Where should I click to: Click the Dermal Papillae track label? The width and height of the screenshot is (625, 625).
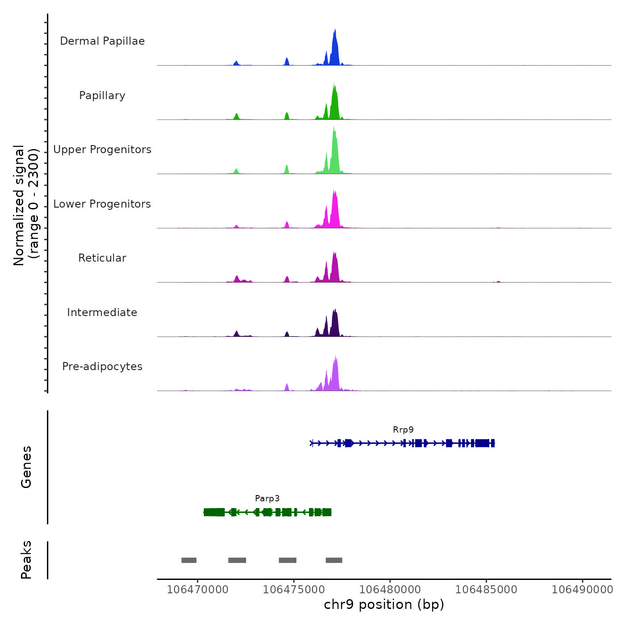pyautogui.click(x=102, y=41)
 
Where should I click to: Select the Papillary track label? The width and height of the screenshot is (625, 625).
pyautogui.click(x=102, y=96)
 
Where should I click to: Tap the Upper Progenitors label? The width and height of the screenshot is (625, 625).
pyautogui.click(x=102, y=150)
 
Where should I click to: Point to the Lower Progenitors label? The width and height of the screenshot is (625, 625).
pyautogui.click(x=102, y=204)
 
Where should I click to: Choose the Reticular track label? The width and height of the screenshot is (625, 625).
pyautogui.click(x=102, y=258)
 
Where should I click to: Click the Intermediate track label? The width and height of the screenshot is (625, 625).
pyautogui.click(x=102, y=312)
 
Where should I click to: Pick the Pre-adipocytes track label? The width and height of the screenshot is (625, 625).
pyautogui.click(x=102, y=367)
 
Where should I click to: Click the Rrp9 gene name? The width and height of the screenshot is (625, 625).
pyautogui.click(x=403, y=430)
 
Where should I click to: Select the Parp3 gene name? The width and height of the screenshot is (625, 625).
pyautogui.click(x=267, y=499)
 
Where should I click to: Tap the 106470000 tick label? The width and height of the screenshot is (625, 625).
pyautogui.click(x=197, y=590)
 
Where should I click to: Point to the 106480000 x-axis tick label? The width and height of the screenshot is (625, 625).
pyautogui.click(x=390, y=590)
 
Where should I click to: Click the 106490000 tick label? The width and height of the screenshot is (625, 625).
pyautogui.click(x=582, y=590)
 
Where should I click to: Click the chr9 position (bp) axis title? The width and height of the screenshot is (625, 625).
pyautogui.click(x=384, y=605)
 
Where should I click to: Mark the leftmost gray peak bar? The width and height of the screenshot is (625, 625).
pyautogui.click(x=189, y=560)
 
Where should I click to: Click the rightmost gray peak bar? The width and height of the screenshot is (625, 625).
pyautogui.click(x=334, y=560)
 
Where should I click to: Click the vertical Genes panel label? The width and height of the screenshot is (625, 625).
pyautogui.click(x=26, y=467)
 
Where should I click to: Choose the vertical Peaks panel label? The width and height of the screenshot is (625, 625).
pyautogui.click(x=26, y=560)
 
